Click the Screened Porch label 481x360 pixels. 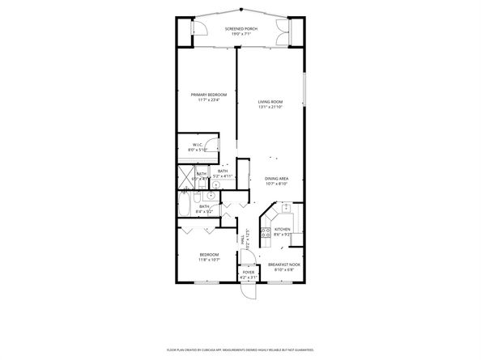pyautogui.click(x=240, y=28)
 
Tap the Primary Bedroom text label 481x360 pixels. pyautogui.click(x=208, y=95)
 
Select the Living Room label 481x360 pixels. pyautogui.click(x=270, y=101)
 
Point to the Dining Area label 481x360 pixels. pyautogui.click(x=277, y=179)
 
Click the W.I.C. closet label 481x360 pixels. pyautogui.click(x=198, y=146)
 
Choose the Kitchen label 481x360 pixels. pyautogui.click(x=282, y=229)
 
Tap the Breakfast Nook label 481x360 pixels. pyautogui.click(x=284, y=263)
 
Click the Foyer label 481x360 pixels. pyautogui.click(x=249, y=273)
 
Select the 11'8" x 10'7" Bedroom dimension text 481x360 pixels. pyautogui.click(x=209, y=260)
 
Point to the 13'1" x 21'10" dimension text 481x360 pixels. pyautogui.click(x=270, y=107)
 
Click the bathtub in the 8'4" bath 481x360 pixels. pyautogui.click(x=184, y=208)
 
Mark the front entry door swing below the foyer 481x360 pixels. pyautogui.click(x=249, y=291)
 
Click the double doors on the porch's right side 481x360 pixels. pyautogui.click(x=282, y=34)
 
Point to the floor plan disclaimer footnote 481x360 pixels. pyautogui.click(x=240, y=350)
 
